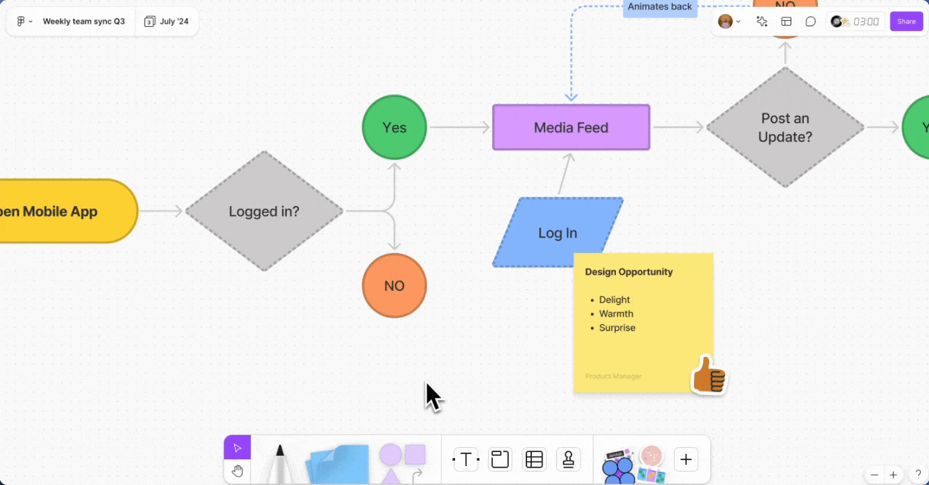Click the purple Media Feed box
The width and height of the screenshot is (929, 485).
point(571,127)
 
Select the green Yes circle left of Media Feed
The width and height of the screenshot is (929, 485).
point(394,127)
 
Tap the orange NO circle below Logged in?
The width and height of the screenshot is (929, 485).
point(394,286)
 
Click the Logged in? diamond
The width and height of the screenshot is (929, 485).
point(264,212)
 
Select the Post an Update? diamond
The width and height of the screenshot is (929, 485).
point(785,127)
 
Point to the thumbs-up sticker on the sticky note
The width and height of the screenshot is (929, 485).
point(709,375)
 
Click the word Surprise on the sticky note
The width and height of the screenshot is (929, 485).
point(617,328)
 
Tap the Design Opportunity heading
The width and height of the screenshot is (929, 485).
point(629,272)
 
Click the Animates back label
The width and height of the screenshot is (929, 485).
point(660,7)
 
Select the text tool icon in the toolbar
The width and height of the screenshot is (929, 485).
point(466,460)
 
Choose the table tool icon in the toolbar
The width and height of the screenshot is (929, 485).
point(534,460)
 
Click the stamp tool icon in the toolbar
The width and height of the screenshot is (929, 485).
point(569,460)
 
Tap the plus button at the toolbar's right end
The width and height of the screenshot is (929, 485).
point(686,460)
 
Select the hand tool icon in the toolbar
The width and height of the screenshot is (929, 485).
point(237,471)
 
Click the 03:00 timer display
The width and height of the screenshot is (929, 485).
point(866,22)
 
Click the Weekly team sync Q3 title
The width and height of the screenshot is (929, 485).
point(83,22)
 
